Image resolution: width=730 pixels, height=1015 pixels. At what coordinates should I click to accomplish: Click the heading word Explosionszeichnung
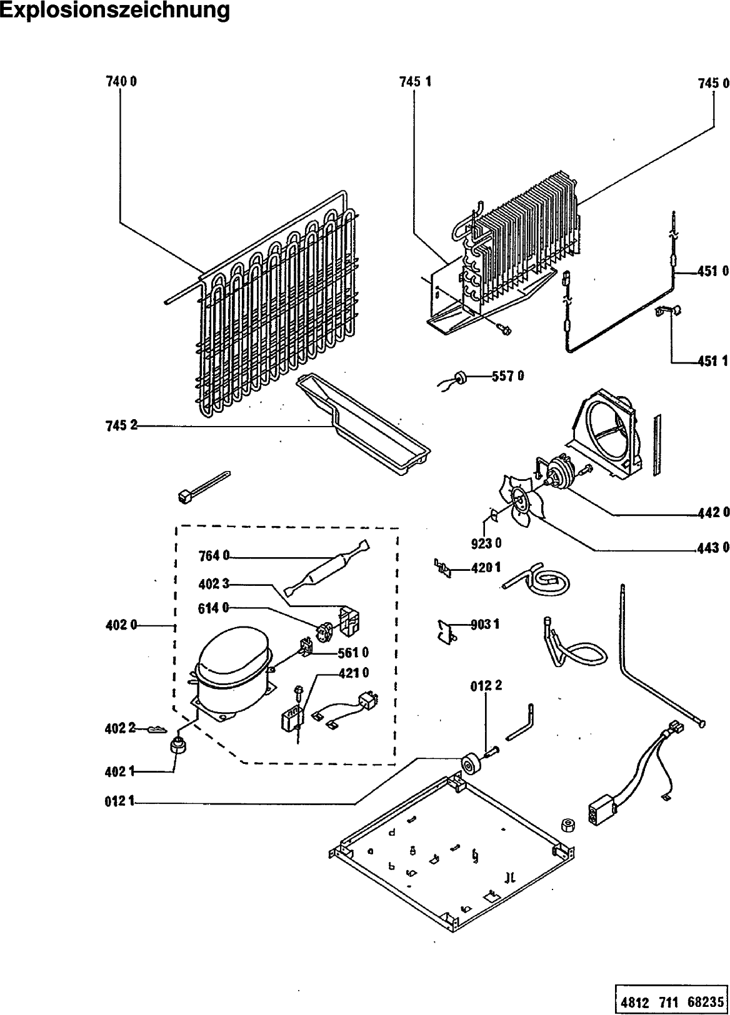tap(115, 11)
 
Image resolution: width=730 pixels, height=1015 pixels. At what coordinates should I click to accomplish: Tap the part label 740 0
tap(121, 82)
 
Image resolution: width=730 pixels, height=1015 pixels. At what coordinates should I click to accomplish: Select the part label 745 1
tap(415, 82)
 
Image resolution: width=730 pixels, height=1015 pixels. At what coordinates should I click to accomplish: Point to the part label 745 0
tap(714, 83)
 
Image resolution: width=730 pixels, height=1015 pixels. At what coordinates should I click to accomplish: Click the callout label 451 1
tap(713, 361)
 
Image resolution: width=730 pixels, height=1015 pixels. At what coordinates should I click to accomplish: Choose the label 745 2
tap(121, 426)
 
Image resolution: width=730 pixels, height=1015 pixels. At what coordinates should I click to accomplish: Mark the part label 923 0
tap(486, 543)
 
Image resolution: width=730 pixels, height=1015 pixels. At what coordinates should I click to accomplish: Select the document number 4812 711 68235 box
tap(672, 999)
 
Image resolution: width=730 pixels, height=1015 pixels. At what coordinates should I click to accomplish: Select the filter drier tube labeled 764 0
tap(326, 569)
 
